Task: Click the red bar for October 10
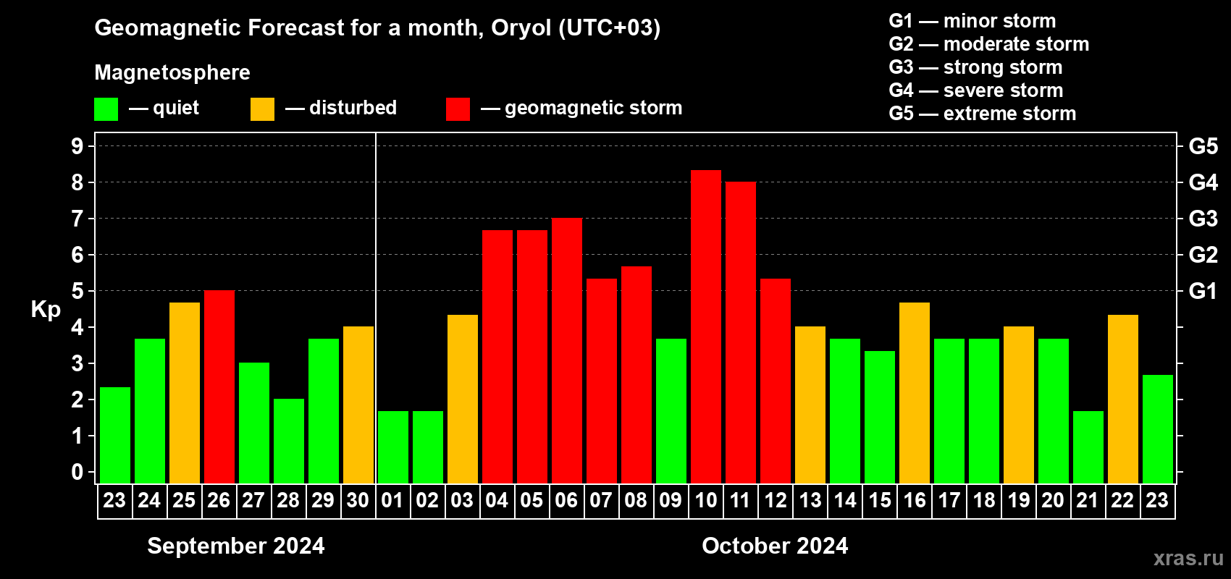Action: (705, 326)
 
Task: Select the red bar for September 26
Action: (219, 386)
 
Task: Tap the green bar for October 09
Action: (671, 411)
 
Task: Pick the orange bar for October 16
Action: (915, 393)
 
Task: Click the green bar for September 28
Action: (289, 441)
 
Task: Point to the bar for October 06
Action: (566, 350)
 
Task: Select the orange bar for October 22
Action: (1122, 399)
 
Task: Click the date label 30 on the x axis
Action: (358, 500)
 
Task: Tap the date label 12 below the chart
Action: (776, 500)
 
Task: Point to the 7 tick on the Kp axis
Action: (77, 219)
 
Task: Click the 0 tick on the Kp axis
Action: (77, 472)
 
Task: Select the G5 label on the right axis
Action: (1203, 146)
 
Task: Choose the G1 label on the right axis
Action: (1203, 291)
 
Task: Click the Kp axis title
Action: (46, 310)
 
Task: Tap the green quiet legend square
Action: (106, 109)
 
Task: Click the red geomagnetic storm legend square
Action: (458, 109)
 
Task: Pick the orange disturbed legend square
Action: (262, 109)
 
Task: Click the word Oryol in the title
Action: (521, 28)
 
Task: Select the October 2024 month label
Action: (775, 546)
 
